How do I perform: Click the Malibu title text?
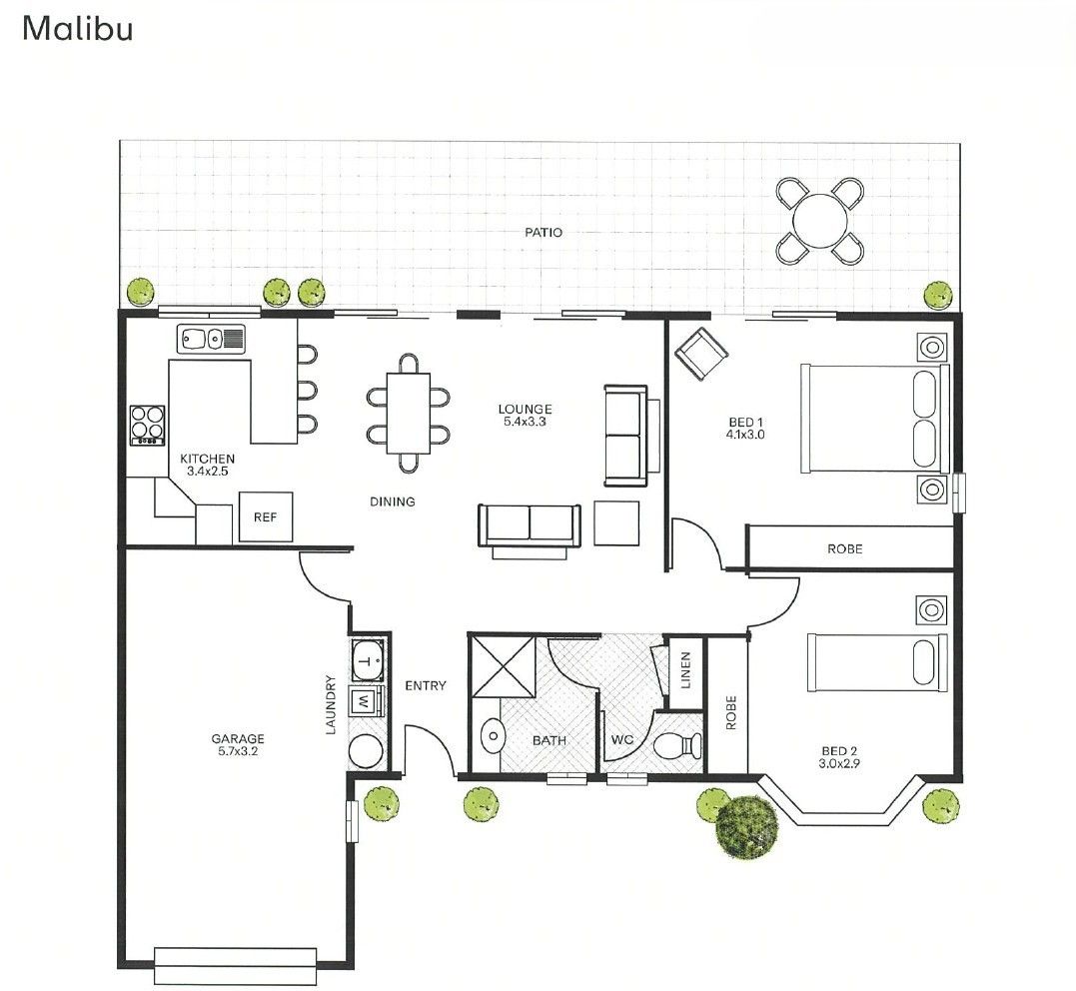pyautogui.click(x=77, y=28)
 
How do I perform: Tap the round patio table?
pyautogui.click(x=820, y=220)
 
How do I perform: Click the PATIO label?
pyautogui.click(x=543, y=233)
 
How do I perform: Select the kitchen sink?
pyautogui.click(x=211, y=340)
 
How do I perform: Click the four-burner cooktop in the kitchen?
pyautogui.click(x=147, y=425)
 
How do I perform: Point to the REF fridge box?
pyautogui.click(x=265, y=516)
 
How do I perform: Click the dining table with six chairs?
pyautogui.click(x=409, y=413)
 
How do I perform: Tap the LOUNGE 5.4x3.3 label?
pyautogui.click(x=525, y=416)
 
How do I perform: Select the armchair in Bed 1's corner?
pyautogui.click(x=702, y=354)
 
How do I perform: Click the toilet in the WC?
pyautogui.click(x=677, y=745)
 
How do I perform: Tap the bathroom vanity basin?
pyautogui.click(x=493, y=738)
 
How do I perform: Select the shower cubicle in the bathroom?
pyautogui.click(x=503, y=665)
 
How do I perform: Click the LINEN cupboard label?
pyautogui.click(x=684, y=670)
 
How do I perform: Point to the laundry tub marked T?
pyautogui.click(x=368, y=659)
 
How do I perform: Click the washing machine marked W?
pyautogui.click(x=365, y=701)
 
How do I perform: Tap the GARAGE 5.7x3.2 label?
pyautogui.click(x=238, y=745)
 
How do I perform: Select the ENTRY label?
pyautogui.click(x=425, y=686)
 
